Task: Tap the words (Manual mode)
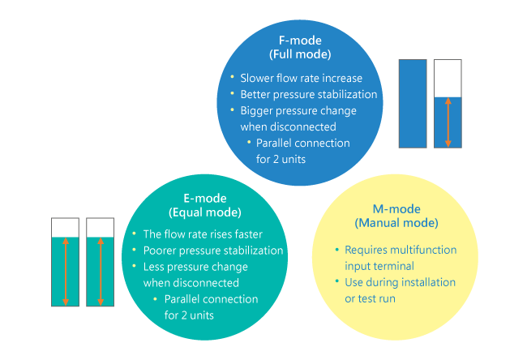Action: click(x=396, y=222)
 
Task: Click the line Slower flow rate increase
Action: click(x=301, y=79)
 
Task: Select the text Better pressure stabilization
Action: click(x=309, y=94)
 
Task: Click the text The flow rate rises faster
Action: click(x=202, y=234)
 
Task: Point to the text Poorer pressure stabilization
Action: click(x=213, y=251)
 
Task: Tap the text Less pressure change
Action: click(x=195, y=267)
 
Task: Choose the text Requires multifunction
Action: click(x=401, y=250)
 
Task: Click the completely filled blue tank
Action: click(x=413, y=103)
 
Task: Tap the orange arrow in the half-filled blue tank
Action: click(x=448, y=122)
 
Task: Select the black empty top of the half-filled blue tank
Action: click(x=448, y=78)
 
